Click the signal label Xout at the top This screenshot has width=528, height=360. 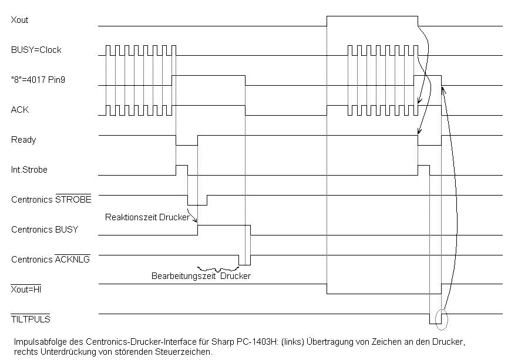point(19,20)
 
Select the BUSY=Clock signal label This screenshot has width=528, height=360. point(36,50)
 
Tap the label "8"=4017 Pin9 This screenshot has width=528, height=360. point(38,80)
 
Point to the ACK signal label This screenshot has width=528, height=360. point(19,110)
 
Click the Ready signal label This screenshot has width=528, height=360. point(23,140)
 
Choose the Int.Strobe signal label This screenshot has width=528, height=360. point(29,170)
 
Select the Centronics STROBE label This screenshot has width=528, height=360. point(51,200)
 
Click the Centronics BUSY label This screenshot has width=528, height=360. point(44,230)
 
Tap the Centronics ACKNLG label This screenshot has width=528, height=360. point(51,259)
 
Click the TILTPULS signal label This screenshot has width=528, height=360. point(31,319)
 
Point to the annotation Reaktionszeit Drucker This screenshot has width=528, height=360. point(147,217)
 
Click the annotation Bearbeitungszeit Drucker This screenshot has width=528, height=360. point(201,275)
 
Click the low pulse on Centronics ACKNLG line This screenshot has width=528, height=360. point(244,260)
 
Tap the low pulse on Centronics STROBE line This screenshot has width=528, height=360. point(197,200)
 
